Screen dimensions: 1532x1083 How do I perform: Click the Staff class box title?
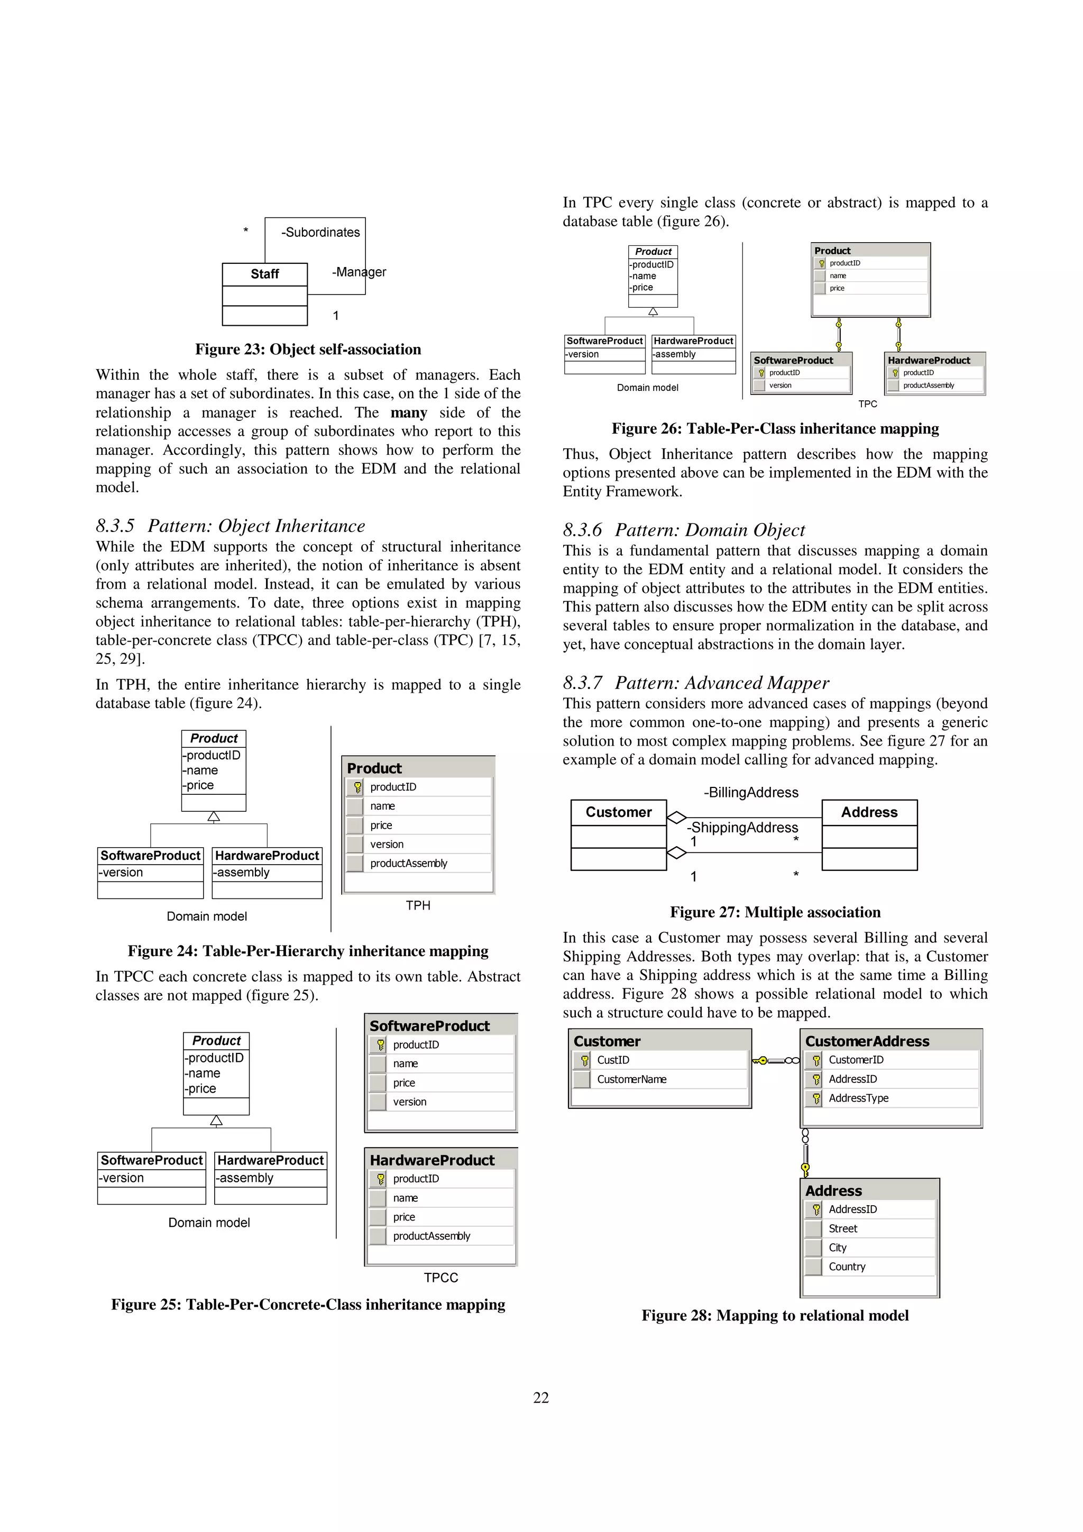click(264, 274)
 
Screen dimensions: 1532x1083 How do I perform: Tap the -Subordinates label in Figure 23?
click(320, 232)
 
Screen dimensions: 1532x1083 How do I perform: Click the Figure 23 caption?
click(308, 349)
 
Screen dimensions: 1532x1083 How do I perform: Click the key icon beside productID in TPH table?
click(357, 787)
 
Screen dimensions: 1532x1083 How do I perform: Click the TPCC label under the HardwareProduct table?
click(440, 1277)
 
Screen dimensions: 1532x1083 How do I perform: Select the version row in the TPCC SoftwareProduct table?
click(410, 1102)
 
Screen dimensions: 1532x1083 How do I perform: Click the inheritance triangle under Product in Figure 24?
click(214, 817)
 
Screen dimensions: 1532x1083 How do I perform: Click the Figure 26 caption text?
click(775, 428)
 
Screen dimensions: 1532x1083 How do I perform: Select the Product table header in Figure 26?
click(832, 251)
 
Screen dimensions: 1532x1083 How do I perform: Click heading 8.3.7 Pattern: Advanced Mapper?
click(695, 683)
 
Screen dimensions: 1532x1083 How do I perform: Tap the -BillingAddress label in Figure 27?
click(751, 792)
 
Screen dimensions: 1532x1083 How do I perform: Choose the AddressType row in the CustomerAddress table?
click(858, 1098)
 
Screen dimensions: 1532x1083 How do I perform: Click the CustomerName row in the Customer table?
click(631, 1079)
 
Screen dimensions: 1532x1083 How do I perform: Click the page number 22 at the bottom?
click(540, 1397)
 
